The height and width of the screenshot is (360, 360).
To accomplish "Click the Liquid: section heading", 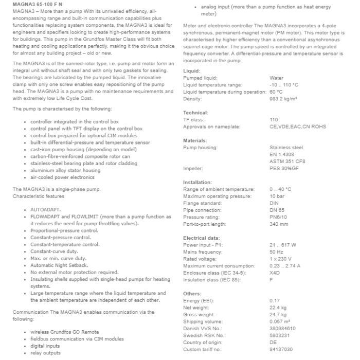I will coord(192,70).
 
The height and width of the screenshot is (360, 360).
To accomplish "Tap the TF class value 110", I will coord(274,119).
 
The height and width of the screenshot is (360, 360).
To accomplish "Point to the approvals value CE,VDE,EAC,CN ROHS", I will coord(297,127).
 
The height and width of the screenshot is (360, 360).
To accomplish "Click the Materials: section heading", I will coord(196,140).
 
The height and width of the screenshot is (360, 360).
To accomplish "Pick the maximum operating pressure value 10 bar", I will coord(277,196).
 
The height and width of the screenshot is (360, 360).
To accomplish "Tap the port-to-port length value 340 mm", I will coord(279,224).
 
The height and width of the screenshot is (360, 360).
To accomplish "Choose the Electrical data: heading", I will coord(201,238).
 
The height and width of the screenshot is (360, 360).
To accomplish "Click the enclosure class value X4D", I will coord(275,273).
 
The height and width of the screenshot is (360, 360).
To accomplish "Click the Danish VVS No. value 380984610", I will coord(282,328).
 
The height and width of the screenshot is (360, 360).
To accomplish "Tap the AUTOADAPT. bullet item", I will coord(46,210).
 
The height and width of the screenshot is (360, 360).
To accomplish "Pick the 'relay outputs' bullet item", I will coord(46,353).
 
